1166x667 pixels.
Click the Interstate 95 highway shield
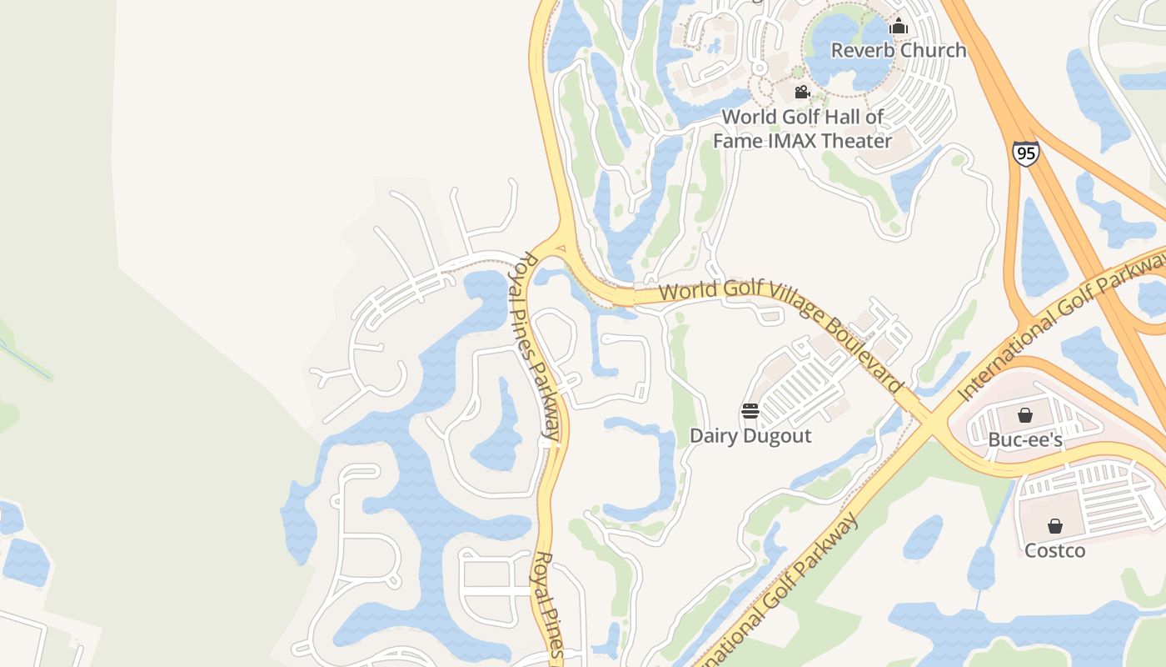tap(1026, 153)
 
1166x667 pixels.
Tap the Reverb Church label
tap(899, 50)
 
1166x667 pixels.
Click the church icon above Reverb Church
tap(898, 27)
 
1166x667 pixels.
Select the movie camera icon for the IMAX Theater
tap(802, 92)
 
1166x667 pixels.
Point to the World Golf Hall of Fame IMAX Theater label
tap(802, 128)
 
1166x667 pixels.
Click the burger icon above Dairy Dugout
tap(750, 411)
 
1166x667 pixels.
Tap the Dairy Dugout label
tap(750, 435)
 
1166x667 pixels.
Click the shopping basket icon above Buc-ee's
tap(1025, 415)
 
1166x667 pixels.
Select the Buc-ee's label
tap(1025, 439)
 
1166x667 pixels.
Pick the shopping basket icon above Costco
tap(1055, 526)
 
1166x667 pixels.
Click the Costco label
tap(1055, 550)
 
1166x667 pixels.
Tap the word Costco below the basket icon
tap(1055, 550)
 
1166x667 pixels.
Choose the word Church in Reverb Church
tap(933, 50)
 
